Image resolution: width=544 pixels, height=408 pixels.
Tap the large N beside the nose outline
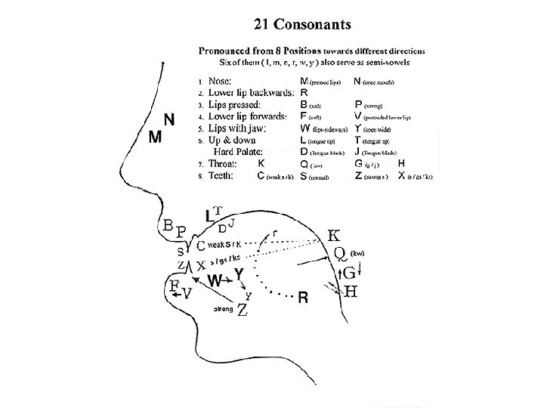point(170,119)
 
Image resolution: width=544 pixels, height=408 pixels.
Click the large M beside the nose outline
point(154,138)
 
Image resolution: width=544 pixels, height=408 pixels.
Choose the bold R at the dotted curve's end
point(302,298)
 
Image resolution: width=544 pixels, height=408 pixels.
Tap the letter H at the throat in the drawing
point(351,292)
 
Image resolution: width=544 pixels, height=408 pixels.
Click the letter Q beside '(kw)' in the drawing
point(340,252)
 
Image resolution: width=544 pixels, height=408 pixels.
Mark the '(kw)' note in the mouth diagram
point(358,253)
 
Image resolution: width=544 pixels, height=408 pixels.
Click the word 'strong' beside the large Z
point(223,310)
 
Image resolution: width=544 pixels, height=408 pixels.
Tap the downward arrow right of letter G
point(360,269)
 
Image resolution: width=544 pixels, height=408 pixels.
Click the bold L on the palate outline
point(211,216)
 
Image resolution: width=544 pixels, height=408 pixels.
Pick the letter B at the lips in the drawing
point(168,224)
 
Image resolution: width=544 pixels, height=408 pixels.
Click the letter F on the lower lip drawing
point(174,286)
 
